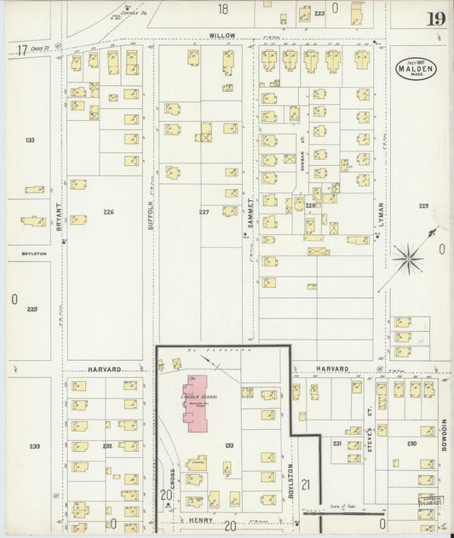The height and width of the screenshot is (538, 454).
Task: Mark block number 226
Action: [x=107, y=211]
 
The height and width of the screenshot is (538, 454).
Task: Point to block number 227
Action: [x=204, y=212]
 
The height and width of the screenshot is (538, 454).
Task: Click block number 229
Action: [x=423, y=206]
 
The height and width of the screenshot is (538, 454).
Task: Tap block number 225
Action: [x=33, y=310]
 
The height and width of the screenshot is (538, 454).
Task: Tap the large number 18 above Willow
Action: [x=223, y=9]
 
